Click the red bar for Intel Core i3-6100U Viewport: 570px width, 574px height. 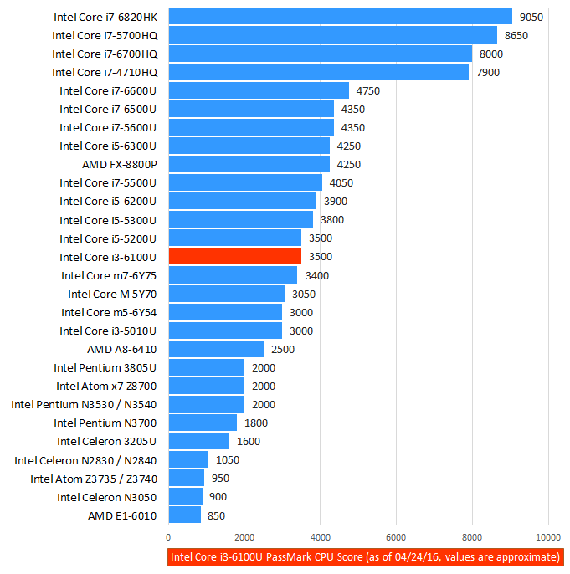(234, 257)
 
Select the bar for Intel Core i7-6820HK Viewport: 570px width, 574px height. (340, 17)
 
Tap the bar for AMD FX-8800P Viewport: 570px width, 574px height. (249, 164)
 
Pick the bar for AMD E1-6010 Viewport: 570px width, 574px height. (184, 515)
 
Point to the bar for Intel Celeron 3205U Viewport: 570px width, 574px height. (198, 441)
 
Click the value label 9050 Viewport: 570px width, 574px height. (531, 17)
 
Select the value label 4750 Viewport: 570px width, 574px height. (368, 90)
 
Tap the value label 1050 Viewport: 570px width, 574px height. (228, 460)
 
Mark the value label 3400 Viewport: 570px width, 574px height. (317, 275)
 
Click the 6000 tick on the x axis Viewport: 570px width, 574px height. (396, 537)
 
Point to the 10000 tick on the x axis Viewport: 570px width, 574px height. (548, 537)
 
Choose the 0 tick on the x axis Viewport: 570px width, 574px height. (169, 537)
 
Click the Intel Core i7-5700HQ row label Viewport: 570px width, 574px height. (105, 35)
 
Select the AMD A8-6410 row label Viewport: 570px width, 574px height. (121, 349)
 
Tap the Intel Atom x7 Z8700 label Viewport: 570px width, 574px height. (106, 386)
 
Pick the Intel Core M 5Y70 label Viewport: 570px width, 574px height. (112, 294)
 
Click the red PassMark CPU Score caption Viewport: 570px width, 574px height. (365, 557)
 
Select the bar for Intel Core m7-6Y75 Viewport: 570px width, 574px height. (233, 275)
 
